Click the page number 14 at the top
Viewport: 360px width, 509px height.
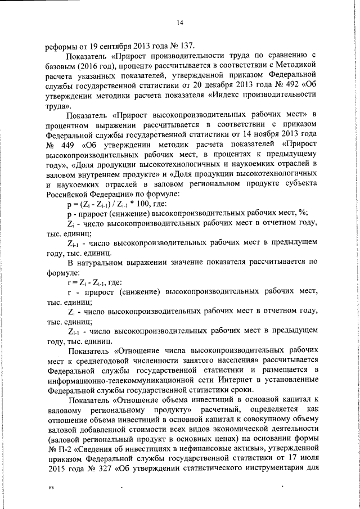coord(180,22)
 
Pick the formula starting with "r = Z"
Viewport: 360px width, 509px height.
coord(94,281)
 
